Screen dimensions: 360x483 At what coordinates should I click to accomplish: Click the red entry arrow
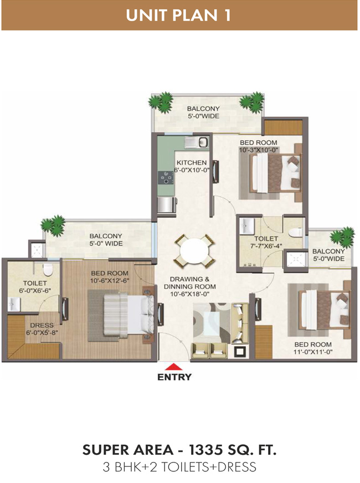pyautogui.click(x=174, y=367)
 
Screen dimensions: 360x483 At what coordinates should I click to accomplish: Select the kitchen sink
pyautogui.click(x=197, y=142)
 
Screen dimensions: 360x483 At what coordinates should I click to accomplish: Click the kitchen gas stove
pyautogui.click(x=166, y=178)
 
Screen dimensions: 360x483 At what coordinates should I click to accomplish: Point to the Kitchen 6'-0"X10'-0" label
pyautogui.click(x=192, y=166)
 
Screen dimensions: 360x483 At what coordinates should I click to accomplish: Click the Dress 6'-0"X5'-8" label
pyautogui.click(x=42, y=328)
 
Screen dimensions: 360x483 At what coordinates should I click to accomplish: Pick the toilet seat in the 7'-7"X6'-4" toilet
pyautogui.click(x=296, y=232)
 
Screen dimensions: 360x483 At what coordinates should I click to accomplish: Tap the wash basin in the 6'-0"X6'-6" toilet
pyautogui.click(x=13, y=304)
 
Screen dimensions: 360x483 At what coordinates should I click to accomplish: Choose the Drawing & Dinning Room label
pyautogui.click(x=190, y=286)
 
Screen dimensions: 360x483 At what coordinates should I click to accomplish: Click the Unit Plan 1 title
pyautogui.click(x=178, y=16)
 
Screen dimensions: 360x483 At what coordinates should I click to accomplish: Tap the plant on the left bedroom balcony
pyautogui.click(x=53, y=224)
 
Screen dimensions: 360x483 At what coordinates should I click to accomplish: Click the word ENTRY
pyautogui.click(x=174, y=377)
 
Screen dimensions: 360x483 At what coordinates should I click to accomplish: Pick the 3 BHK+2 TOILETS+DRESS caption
pyautogui.click(x=179, y=467)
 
